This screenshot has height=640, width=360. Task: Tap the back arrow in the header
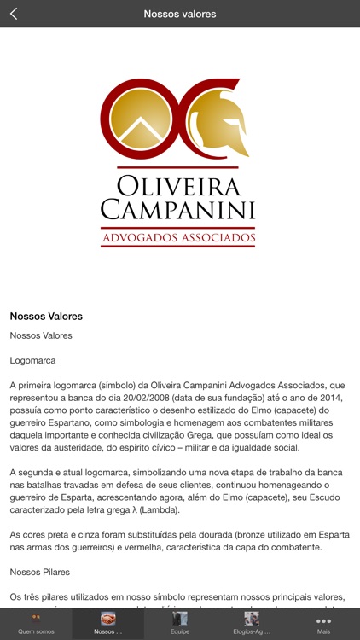point(14,14)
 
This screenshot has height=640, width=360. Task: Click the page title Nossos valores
point(180,14)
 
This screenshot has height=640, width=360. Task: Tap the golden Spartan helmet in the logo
point(218,124)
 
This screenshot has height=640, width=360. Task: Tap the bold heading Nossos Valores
point(46,316)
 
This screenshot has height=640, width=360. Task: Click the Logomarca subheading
point(32,361)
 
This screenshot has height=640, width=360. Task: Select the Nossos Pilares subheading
point(39,572)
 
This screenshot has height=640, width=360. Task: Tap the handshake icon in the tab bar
point(108,618)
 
